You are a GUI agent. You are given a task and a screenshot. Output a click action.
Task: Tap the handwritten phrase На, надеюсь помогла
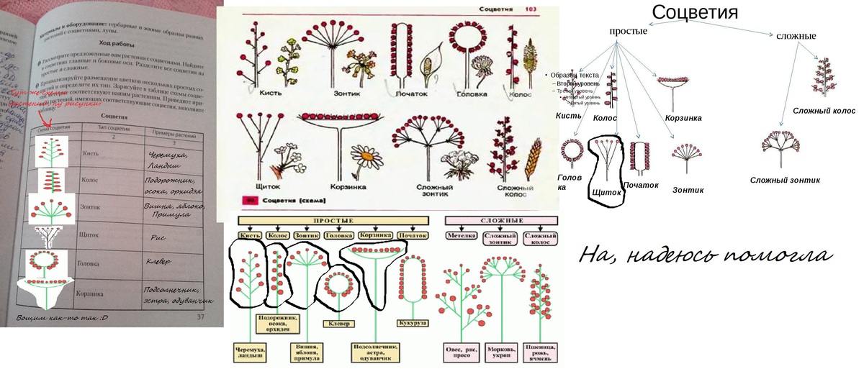click(x=706, y=256)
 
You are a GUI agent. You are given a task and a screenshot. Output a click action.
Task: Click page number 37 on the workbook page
click(x=201, y=316)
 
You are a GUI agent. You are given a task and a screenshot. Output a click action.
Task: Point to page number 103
click(x=531, y=9)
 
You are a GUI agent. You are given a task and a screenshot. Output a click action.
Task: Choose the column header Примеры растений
click(x=176, y=133)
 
